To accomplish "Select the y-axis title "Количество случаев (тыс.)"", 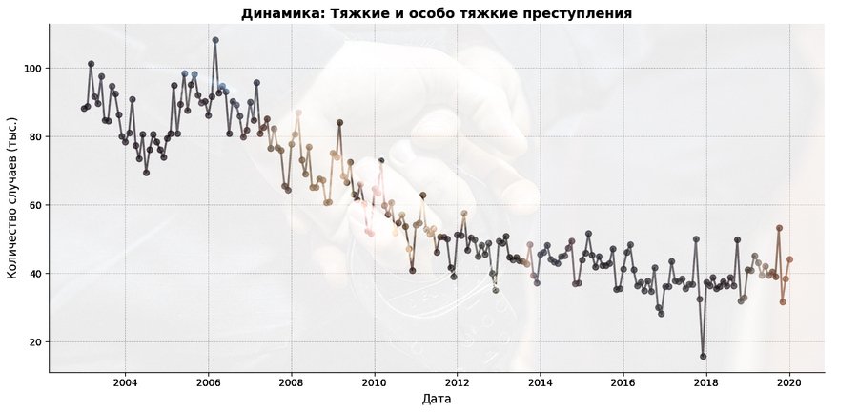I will (12, 205).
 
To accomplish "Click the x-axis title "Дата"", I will (437, 399).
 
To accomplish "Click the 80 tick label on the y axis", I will (34, 137).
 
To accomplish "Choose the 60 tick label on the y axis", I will (34, 205).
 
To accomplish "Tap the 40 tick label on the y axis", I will (34, 274).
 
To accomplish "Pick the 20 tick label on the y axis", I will (34, 342).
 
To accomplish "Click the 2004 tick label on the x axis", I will (125, 382).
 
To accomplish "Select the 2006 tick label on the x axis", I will (208, 382).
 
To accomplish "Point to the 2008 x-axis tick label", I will (291, 382).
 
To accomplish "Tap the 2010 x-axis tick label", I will (374, 382).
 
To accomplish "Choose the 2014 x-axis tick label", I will (541, 382).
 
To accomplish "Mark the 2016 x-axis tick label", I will (623, 382).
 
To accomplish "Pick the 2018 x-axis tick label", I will (706, 382).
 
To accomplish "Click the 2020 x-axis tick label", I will (789, 382).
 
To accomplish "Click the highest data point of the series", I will (215, 40).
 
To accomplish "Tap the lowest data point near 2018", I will (704, 357).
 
